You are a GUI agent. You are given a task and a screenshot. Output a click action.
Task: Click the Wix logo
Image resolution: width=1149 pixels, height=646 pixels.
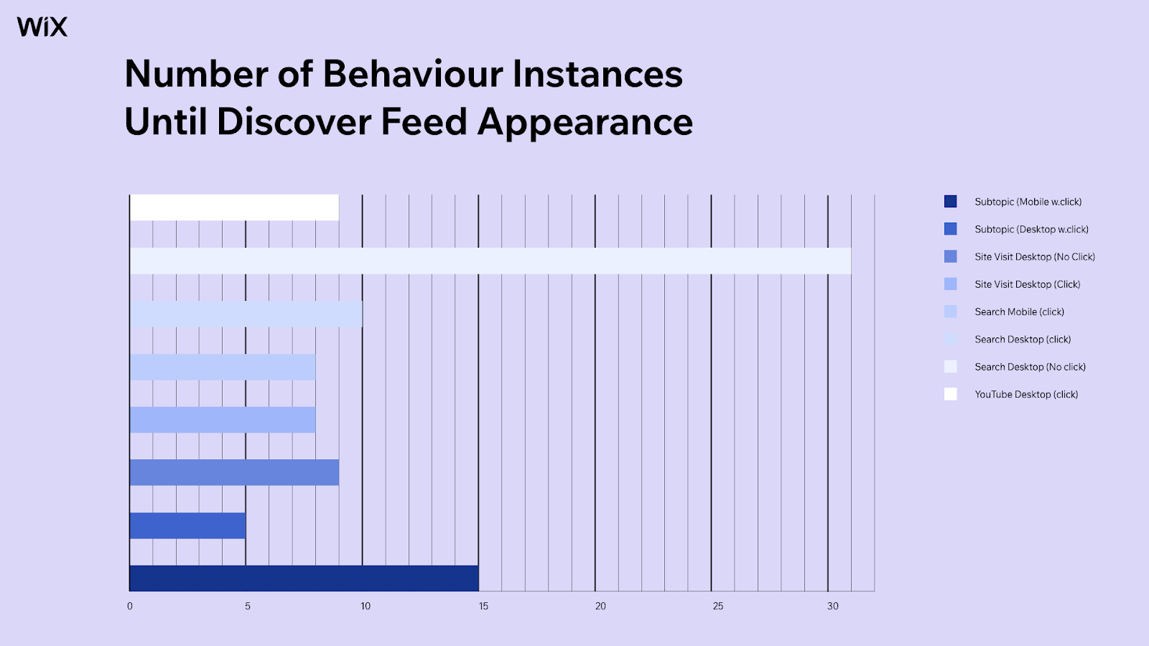click(x=42, y=27)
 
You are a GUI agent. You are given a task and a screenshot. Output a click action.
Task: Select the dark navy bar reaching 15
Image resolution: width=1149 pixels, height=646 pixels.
click(x=304, y=579)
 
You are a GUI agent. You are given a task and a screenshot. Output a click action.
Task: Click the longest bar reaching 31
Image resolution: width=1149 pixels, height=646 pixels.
click(x=490, y=261)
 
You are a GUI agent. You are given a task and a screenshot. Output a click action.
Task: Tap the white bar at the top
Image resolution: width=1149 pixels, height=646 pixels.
click(x=234, y=207)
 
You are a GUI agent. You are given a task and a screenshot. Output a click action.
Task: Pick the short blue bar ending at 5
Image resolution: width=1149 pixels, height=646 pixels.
click(x=187, y=525)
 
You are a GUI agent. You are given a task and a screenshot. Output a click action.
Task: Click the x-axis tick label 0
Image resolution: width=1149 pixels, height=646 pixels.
click(x=130, y=606)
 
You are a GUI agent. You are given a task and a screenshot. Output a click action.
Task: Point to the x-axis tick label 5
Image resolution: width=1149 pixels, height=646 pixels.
click(x=247, y=606)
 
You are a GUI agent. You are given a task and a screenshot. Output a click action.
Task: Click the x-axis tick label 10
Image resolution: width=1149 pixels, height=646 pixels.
click(x=366, y=606)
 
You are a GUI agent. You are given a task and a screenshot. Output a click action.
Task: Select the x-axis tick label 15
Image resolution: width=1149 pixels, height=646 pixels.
click(x=483, y=606)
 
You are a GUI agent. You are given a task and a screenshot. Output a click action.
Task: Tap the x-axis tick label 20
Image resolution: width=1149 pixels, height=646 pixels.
click(x=600, y=606)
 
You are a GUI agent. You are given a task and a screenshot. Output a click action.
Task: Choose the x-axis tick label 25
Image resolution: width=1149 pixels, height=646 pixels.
click(x=718, y=606)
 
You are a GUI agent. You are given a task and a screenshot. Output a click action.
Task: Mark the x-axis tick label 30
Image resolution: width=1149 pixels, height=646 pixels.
click(x=832, y=606)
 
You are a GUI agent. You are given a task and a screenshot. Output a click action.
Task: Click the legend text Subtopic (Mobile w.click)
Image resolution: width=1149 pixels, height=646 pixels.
click(x=1028, y=202)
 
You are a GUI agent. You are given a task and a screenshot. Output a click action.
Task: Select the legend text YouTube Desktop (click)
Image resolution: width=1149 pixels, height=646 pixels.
click(x=1026, y=394)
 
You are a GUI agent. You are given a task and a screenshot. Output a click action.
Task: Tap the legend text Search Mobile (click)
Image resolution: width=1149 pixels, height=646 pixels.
click(x=1019, y=312)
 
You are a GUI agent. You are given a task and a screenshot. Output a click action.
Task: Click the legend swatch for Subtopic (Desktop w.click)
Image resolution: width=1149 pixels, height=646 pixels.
click(x=951, y=229)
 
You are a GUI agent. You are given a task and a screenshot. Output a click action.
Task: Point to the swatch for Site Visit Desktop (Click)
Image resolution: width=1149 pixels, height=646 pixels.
click(x=951, y=284)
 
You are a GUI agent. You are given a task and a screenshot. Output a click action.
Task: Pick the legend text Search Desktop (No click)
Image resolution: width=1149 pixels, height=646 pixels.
click(x=1030, y=367)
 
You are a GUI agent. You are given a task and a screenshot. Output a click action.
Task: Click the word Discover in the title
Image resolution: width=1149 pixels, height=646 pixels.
click(x=294, y=122)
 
